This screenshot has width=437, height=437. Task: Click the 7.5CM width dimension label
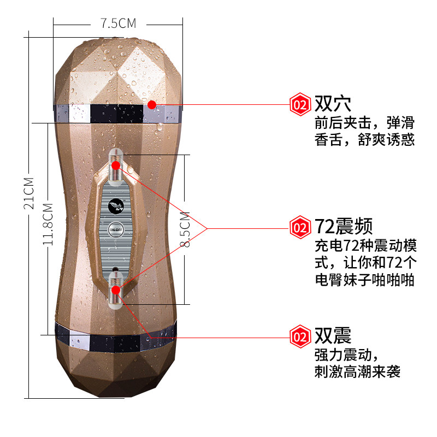tap(118, 23)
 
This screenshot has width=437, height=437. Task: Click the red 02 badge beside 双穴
tap(300, 104)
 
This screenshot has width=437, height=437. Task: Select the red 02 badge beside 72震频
tap(300, 226)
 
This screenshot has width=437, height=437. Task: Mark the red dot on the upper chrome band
tap(152, 104)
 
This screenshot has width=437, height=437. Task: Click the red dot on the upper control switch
tap(116, 165)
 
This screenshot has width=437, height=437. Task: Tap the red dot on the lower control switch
tap(116, 290)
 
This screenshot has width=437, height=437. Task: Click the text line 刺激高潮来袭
tap(358, 372)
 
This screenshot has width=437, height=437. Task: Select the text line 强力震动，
tap(346, 355)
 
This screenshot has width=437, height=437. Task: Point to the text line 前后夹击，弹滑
tap(365, 122)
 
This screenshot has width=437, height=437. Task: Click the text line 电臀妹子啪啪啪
tap(365, 280)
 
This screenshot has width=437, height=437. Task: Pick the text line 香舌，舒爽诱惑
tap(365, 140)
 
